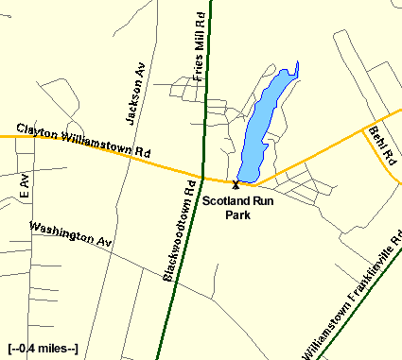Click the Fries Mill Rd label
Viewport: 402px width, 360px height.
tap(199, 58)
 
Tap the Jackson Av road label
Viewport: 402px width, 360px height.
tap(133, 95)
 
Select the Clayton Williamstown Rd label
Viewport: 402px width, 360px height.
tap(83, 141)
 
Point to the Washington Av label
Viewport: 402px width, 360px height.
tap(70, 235)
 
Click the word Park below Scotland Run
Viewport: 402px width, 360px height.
tap(236, 214)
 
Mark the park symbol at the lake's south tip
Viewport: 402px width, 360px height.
tap(236, 184)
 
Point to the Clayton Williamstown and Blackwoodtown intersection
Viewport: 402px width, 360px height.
tap(198, 174)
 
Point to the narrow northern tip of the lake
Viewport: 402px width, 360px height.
tap(297, 66)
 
